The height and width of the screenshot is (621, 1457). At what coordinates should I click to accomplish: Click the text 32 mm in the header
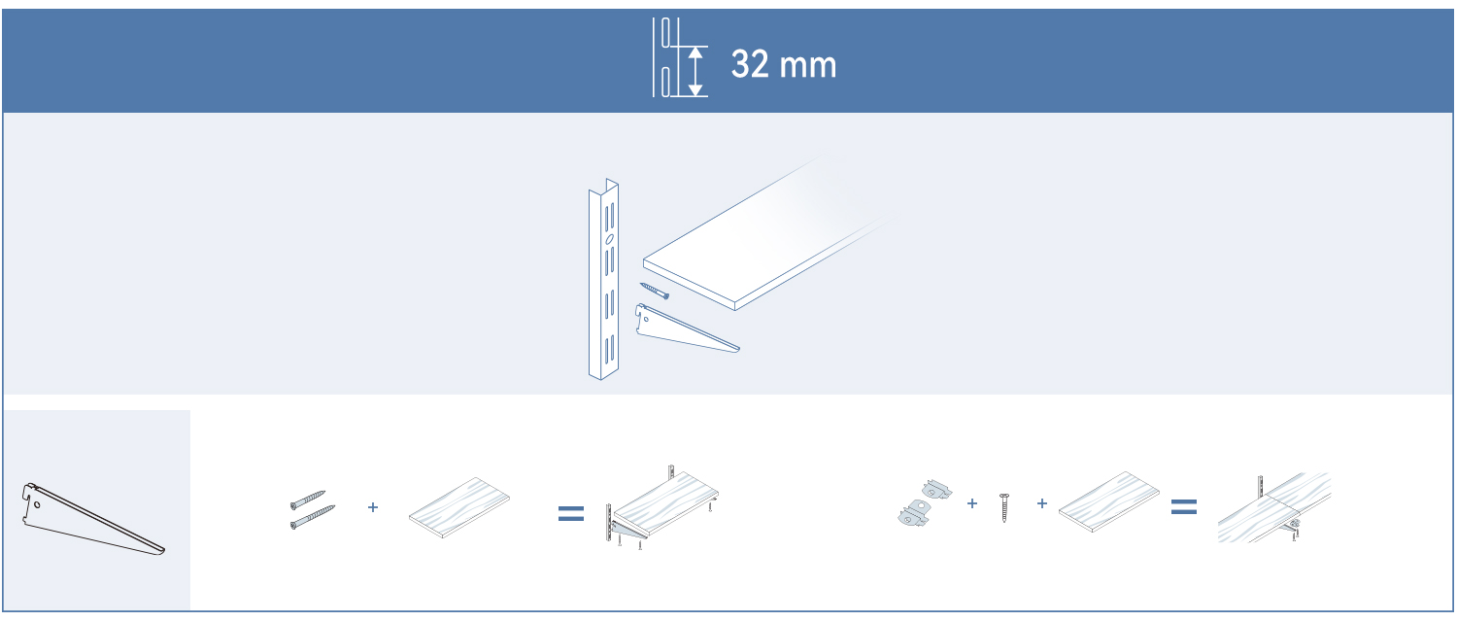784,64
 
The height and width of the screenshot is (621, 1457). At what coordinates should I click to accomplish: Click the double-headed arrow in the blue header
696,72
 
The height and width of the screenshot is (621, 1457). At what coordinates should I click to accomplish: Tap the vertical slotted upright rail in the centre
603,279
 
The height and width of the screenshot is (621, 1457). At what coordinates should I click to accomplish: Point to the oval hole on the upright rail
610,239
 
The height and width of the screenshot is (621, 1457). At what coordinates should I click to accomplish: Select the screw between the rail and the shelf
655,291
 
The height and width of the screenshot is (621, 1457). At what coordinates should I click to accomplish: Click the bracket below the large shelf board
687,329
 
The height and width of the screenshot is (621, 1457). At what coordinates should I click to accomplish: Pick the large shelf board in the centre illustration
767,234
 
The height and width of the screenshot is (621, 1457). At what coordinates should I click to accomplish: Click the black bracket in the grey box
93,519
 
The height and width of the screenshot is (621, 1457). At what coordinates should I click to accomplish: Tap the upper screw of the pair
308,500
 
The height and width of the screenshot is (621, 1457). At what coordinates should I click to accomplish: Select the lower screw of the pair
312,517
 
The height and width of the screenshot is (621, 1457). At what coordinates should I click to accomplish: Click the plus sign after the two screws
373,507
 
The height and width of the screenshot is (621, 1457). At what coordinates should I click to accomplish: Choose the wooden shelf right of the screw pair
459,507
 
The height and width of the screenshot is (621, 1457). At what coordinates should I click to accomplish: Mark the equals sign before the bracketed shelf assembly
571,514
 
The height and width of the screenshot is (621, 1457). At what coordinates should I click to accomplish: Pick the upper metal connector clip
936,490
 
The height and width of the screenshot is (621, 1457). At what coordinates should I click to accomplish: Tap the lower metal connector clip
914,512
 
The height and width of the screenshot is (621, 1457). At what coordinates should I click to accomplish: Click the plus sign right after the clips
972,503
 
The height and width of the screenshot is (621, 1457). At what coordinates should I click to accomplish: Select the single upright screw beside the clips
1004,507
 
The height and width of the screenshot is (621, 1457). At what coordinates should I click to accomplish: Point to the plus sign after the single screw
1042,503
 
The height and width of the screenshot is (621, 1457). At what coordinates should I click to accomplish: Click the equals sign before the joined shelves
1184,507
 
